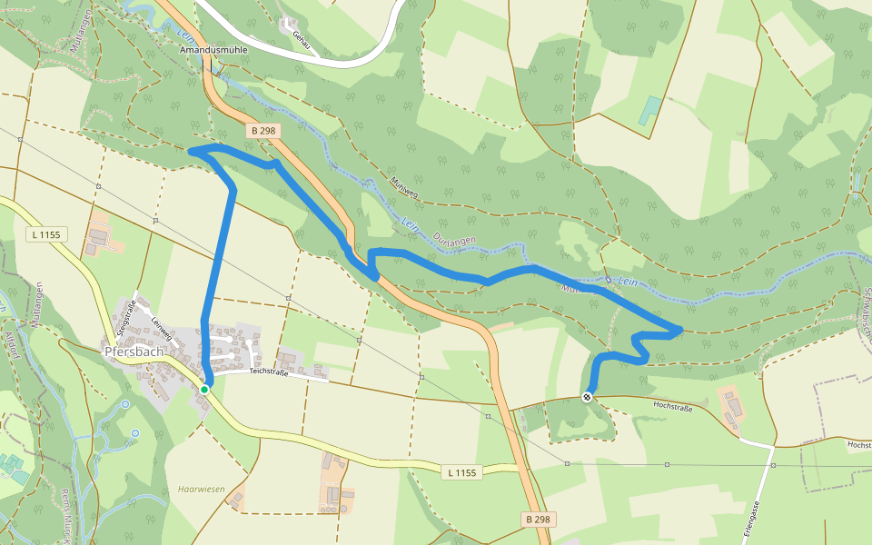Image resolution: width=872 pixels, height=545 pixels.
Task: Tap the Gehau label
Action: [x=300, y=37]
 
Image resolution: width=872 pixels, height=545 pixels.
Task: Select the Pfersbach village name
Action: [x=133, y=351]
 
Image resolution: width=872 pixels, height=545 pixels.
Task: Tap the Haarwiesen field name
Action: [x=201, y=488]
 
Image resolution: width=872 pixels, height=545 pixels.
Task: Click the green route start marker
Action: [x=204, y=389]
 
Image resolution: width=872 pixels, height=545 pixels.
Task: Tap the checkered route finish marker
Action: [x=588, y=397]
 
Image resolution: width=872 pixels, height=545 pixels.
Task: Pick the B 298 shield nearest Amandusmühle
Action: [x=262, y=131]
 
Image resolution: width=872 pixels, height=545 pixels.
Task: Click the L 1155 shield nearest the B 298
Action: [x=461, y=472]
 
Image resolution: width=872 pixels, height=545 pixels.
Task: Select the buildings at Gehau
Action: [x=289, y=24]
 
